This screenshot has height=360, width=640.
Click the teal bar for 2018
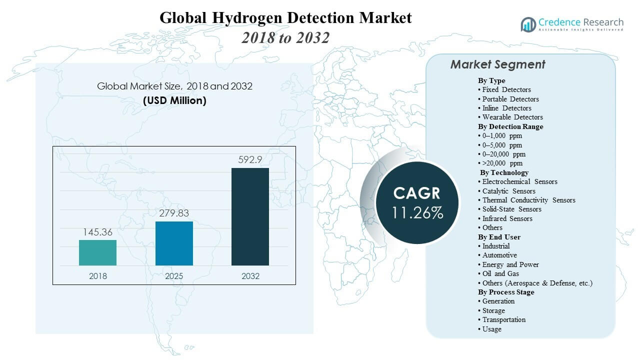point(97,252)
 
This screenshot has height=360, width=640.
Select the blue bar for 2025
point(174,243)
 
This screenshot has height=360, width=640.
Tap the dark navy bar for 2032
point(250,216)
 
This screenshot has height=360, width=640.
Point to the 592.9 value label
point(250,159)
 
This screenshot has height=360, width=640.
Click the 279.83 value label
point(174,213)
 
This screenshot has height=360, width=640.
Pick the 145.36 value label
point(97,232)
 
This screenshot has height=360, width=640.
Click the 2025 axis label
point(174,276)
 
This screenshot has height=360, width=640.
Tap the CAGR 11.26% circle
point(417,202)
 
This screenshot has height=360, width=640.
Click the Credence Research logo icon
point(528,24)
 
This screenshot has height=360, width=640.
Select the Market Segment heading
point(497,64)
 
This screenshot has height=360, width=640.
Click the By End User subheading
point(499,237)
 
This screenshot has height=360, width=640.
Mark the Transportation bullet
point(503,319)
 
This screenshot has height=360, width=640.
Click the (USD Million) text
point(174,100)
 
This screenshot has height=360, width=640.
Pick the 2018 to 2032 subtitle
point(285,37)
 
